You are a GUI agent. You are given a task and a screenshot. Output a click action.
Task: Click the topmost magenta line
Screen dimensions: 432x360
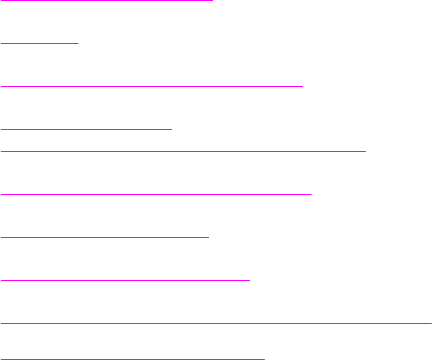point(107,0)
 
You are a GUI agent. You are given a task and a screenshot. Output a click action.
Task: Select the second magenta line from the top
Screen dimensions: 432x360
point(42,21)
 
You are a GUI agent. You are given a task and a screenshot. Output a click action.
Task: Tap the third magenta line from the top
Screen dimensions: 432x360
point(39,43)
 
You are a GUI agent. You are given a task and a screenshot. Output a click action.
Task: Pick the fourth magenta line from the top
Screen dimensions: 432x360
point(195,63)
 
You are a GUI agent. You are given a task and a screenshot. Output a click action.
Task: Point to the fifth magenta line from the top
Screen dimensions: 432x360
point(152,86)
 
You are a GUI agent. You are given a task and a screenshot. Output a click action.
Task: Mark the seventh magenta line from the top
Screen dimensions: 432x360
point(86,128)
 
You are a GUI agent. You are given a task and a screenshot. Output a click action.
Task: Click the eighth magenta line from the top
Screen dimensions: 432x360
point(183,150)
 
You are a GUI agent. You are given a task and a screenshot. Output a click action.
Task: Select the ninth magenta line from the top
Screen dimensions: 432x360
point(107,172)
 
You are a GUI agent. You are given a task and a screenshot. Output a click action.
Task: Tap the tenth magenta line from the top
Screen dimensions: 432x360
point(156,193)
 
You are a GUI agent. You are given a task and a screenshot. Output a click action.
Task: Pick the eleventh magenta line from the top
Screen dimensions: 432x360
point(46,215)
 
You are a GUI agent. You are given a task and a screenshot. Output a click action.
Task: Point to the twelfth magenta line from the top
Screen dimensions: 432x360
point(105,237)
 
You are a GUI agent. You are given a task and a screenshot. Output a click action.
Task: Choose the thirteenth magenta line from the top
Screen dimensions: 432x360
point(183,258)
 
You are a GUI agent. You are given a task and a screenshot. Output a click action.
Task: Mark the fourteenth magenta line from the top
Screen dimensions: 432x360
point(125,280)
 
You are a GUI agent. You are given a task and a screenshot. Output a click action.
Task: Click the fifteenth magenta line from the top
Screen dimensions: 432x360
point(132,301)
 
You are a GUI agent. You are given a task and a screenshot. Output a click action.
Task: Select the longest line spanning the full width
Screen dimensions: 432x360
point(216,323)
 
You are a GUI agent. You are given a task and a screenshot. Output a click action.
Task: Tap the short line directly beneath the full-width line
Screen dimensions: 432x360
point(59,337)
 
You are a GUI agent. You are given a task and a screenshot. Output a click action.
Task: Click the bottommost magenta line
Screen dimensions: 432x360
point(132,358)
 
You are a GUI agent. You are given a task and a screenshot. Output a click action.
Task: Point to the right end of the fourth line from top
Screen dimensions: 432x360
point(389,63)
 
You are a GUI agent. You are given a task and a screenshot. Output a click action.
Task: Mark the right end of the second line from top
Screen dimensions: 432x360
point(83,21)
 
